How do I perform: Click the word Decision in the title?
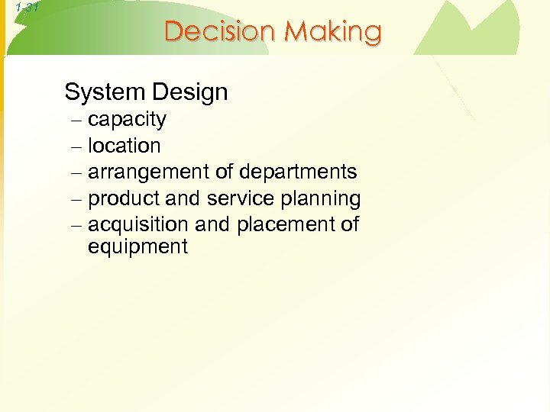tap(222, 32)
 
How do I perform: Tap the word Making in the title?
tap(333, 32)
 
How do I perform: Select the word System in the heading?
tap(103, 92)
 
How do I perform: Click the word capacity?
tap(127, 120)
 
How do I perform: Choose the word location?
tap(125, 146)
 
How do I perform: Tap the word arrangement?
tap(149, 172)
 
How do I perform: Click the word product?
tap(124, 199)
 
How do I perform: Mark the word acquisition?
tap(139, 225)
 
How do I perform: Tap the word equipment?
tap(137, 247)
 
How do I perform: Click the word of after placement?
tap(350, 225)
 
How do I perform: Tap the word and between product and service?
tap(182, 199)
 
